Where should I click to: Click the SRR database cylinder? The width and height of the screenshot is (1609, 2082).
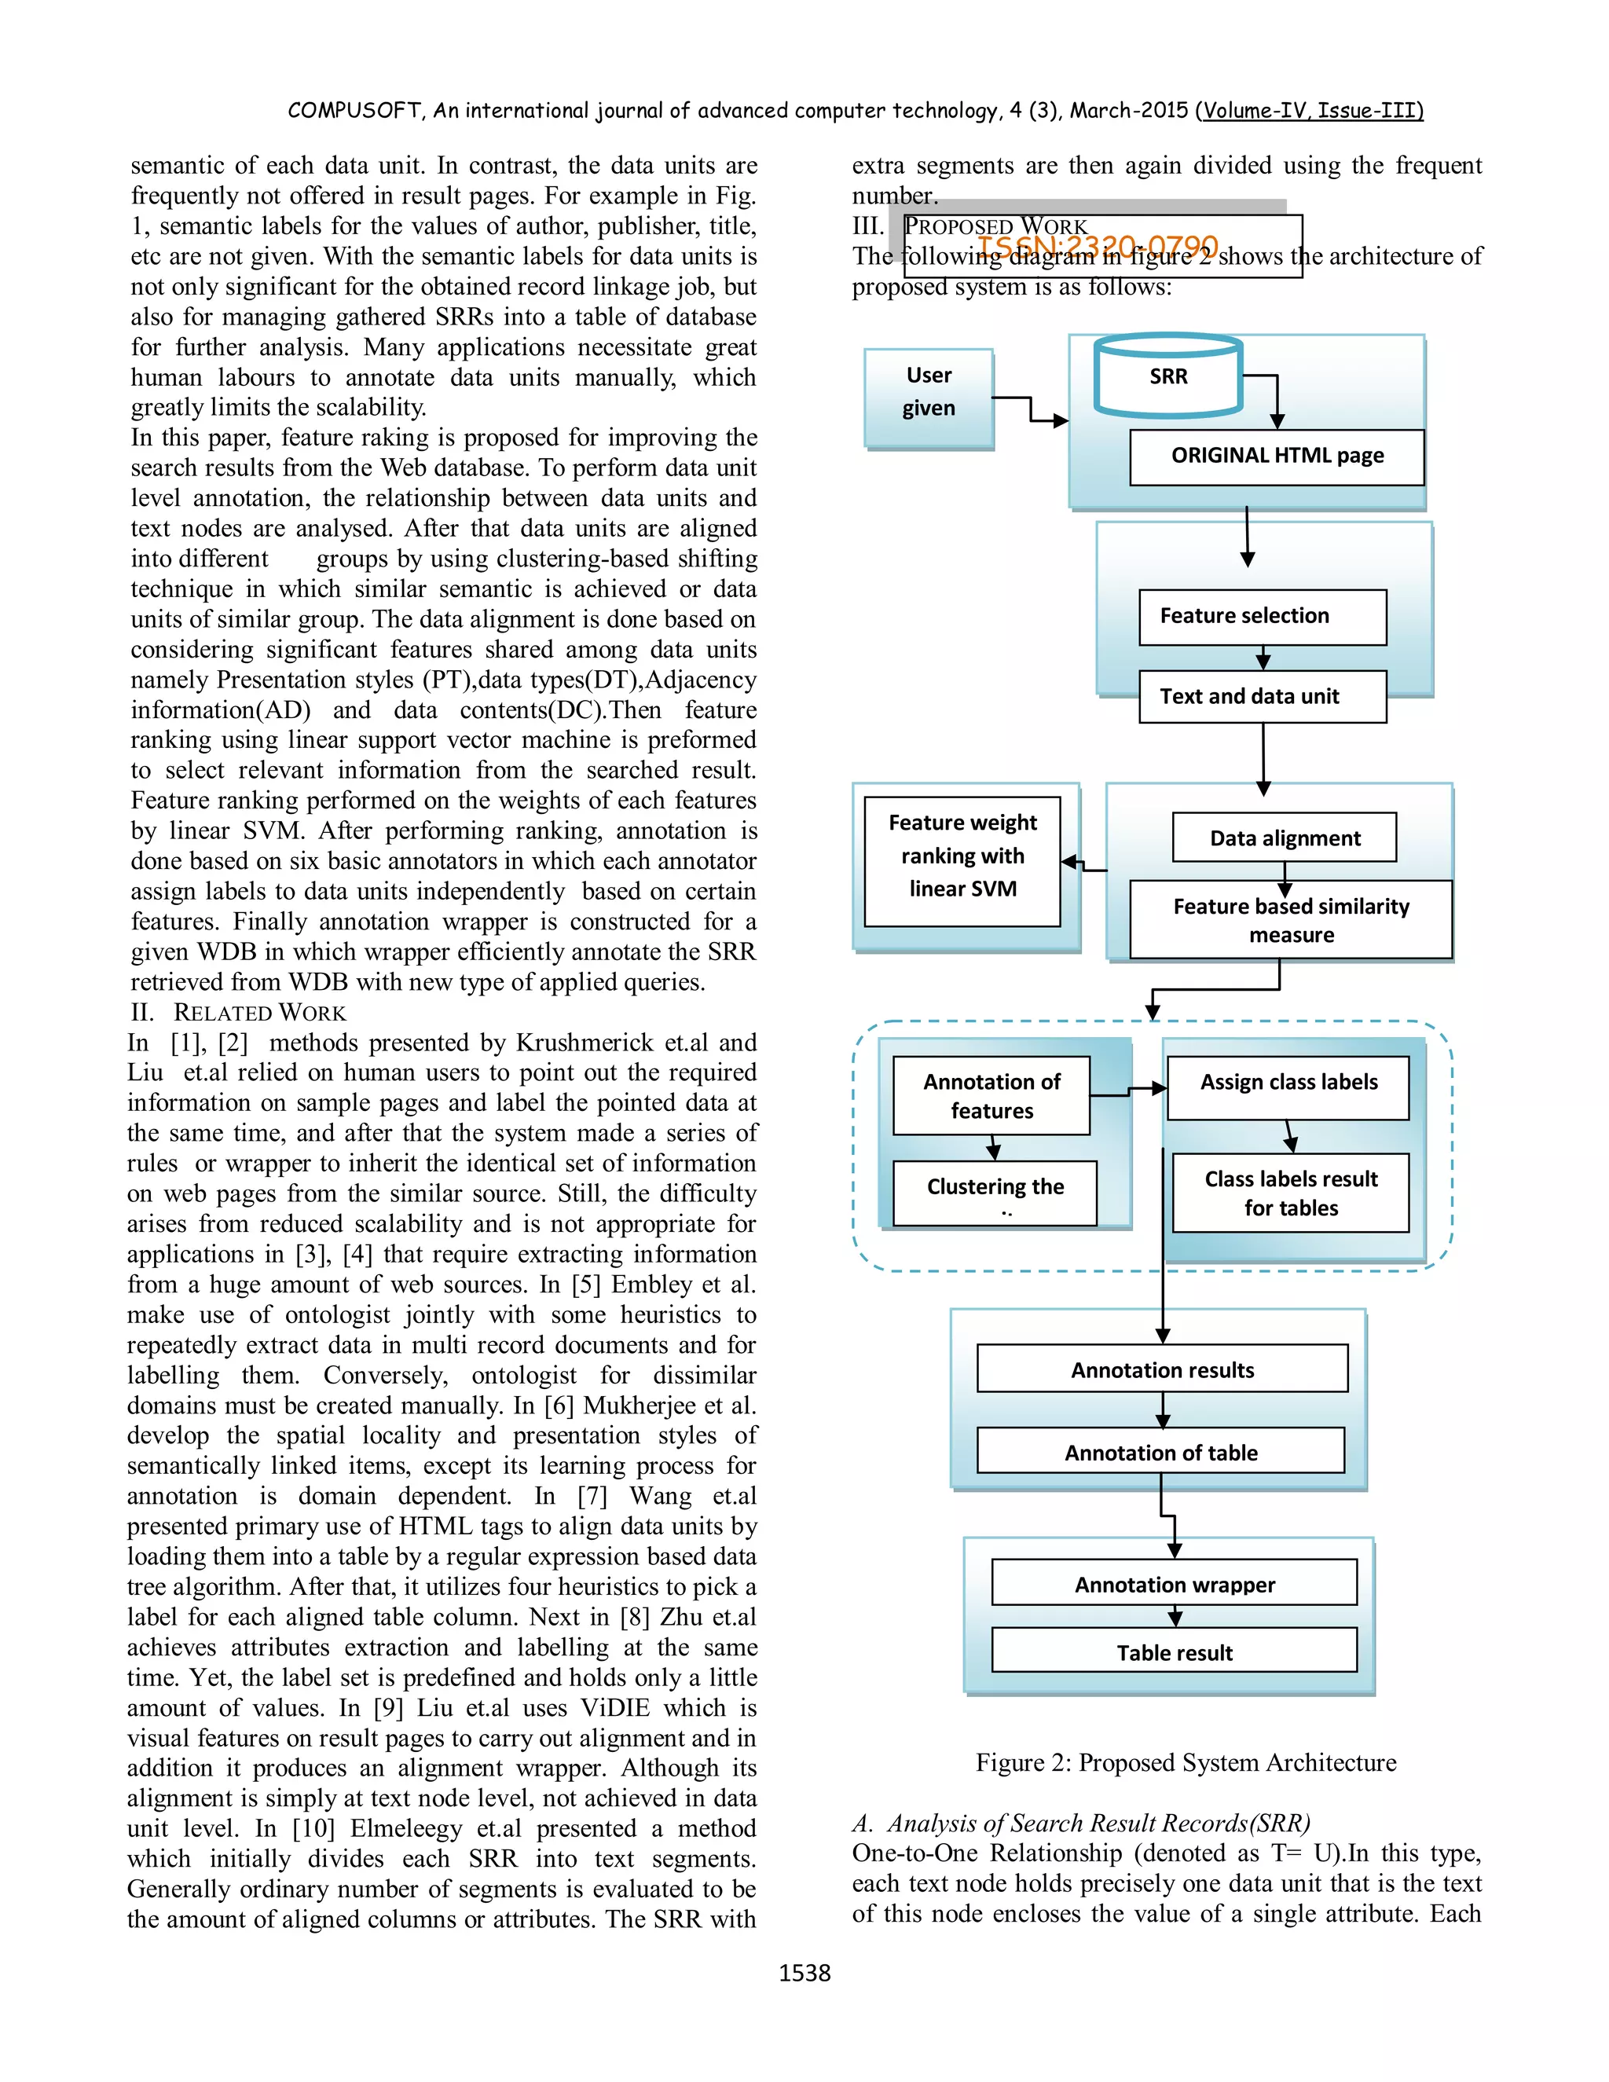coord(1167,376)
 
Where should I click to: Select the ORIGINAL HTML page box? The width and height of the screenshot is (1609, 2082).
coord(1277,456)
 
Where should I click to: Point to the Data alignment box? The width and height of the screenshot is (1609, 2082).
coord(1284,838)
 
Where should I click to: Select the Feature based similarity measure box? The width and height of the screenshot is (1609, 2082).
coord(1290,920)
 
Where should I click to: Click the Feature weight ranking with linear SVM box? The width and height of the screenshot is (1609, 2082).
coord(962,856)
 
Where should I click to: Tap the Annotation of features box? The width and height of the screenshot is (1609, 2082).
coord(991,1095)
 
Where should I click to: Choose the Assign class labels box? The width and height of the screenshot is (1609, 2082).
coord(1288,1083)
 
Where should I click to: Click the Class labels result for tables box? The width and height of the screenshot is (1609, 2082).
coord(1290,1193)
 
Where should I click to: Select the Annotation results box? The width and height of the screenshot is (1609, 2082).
coord(1162,1370)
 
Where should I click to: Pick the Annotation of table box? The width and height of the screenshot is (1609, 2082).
coord(1160,1452)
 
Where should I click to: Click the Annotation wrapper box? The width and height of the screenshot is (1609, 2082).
coord(1174,1585)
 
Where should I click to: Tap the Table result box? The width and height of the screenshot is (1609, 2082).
coord(1174,1652)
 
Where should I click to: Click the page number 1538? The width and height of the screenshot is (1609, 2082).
coord(804,1972)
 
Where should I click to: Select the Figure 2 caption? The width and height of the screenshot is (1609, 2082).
coord(1185,1763)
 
